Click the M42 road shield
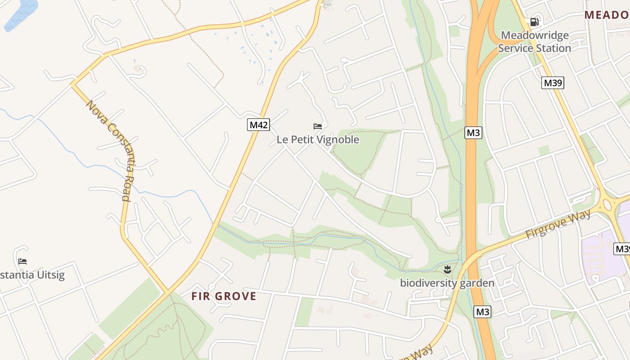(259, 125)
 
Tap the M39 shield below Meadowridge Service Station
(553, 83)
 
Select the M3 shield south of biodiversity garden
(482, 311)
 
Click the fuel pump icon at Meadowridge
(534, 22)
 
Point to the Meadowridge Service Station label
(535, 41)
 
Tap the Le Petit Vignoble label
(318, 139)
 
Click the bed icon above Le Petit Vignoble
(318, 126)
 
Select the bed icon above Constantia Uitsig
(22, 261)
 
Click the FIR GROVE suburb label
(224, 296)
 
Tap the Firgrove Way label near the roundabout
(558, 224)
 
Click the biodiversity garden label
(447, 283)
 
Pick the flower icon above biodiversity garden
(447, 270)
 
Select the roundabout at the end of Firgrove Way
(607, 205)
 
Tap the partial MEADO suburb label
(607, 15)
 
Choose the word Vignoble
(338, 139)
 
